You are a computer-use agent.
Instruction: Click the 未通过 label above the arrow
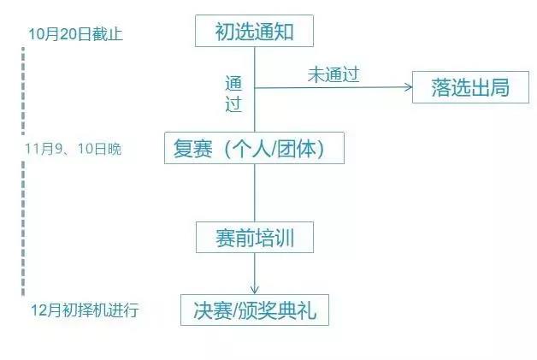click(x=333, y=74)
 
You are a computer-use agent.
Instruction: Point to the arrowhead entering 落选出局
click(x=409, y=87)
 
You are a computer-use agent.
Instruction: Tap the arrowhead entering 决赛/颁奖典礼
click(x=255, y=290)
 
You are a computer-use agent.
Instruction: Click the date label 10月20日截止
click(x=75, y=34)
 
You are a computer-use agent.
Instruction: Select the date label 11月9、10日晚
click(x=74, y=149)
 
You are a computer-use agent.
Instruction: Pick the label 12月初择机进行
click(x=85, y=310)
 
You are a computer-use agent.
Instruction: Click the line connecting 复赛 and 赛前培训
click(x=255, y=193)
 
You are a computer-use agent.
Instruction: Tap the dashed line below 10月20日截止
click(x=23, y=91)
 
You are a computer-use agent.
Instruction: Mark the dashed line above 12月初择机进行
click(x=23, y=228)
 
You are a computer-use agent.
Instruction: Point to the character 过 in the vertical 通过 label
click(x=233, y=103)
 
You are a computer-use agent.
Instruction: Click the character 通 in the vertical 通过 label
click(x=233, y=84)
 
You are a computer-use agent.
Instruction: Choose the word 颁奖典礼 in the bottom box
click(x=277, y=310)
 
